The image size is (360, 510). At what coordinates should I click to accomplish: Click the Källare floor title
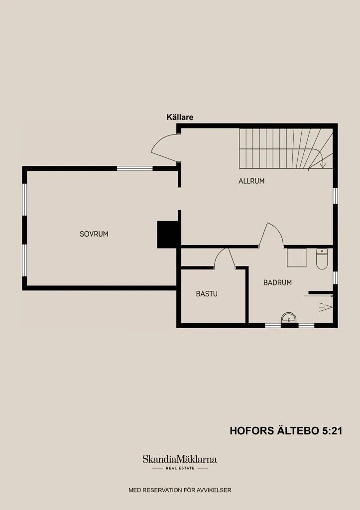coord(180,117)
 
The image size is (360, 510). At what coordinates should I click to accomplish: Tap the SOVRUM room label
coord(94,234)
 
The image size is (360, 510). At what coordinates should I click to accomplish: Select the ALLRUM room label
coord(251,181)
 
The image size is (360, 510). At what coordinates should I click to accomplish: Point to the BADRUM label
coord(277,283)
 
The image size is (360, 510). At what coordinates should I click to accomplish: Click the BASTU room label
coord(207,294)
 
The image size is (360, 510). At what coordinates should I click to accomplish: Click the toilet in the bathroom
coord(322,259)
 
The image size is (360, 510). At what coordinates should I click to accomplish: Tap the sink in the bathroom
coord(289,318)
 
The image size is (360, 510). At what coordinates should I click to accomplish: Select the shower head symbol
coord(326,307)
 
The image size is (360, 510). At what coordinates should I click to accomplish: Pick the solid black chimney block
coord(168,235)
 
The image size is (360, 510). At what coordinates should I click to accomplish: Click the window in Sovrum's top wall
coord(134,168)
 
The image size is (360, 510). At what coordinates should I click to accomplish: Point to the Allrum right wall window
coord(335,195)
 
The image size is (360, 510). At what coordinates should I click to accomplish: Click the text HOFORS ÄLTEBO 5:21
coord(286,431)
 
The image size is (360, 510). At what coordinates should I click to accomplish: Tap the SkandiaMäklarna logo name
coord(180,459)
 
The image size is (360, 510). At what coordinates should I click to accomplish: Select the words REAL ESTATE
coord(180,468)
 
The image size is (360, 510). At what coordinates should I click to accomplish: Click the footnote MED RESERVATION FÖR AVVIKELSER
coord(180,490)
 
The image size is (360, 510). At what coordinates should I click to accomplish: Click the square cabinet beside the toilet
coord(297,257)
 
